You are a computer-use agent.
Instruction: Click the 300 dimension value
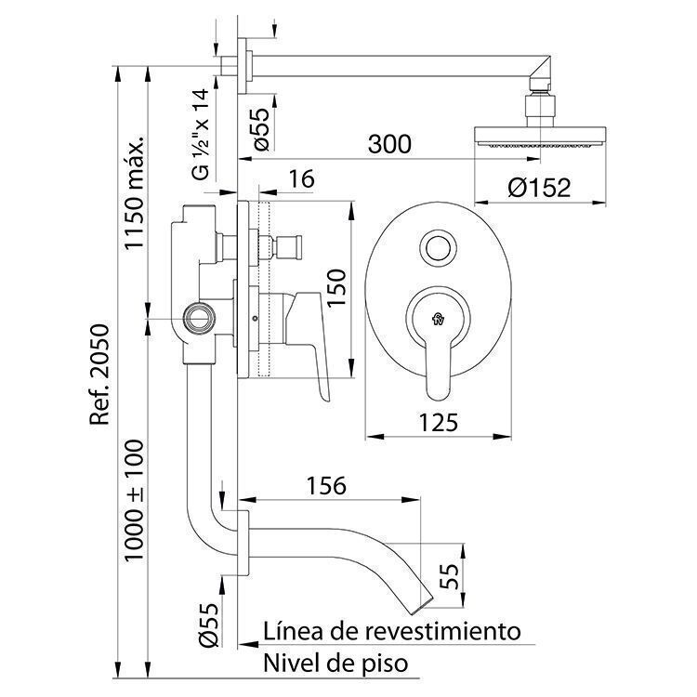pos(389,144)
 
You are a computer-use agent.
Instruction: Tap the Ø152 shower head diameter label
pos(539,188)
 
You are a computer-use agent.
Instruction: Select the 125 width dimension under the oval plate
pos(439,422)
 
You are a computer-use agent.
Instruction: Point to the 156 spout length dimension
pos(326,486)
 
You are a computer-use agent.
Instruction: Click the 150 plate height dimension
pos(336,287)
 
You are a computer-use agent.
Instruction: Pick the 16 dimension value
pos(301,178)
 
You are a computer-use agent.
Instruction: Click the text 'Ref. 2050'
pos(99,375)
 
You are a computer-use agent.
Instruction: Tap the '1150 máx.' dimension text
pos(134,192)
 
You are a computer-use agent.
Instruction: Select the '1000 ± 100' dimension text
pos(134,501)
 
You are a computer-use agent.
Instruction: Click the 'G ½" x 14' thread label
pos(201,134)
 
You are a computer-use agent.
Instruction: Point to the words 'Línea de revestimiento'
pos(391,632)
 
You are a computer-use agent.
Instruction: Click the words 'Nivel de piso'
pos(335,664)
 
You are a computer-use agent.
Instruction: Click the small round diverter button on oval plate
pos(439,246)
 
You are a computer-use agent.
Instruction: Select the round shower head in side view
pos(540,137)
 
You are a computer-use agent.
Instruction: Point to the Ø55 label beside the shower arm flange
pos(262,130)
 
